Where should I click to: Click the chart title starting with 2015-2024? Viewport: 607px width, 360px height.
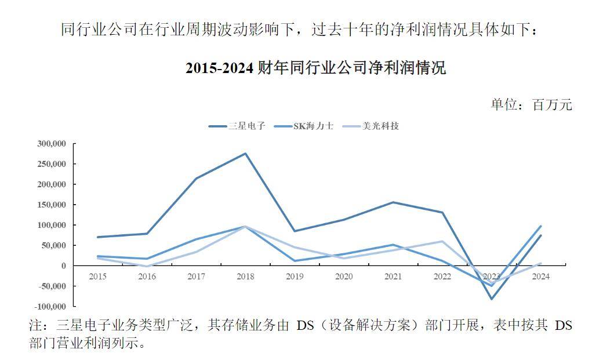[x=315, y=68]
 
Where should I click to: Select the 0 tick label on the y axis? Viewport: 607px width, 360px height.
[x=64, y=266]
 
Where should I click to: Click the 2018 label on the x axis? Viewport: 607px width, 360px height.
[x=245, y=277]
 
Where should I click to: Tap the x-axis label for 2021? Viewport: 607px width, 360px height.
[x=393, y=277]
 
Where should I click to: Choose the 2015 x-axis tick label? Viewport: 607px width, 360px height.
[x=97, y=277]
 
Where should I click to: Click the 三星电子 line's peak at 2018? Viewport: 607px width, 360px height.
[x=245, y=154]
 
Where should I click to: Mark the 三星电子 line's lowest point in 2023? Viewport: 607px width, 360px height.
[x=492, y=299]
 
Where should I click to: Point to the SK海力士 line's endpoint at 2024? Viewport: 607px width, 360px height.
[x=541, y=226]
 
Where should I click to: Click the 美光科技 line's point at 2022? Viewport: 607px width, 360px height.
[x=442, y=241]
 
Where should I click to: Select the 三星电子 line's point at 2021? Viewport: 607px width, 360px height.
[x=393, y=202]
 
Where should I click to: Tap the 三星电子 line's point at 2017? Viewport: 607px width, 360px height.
[x=196, y=179]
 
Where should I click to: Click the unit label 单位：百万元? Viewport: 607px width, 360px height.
[x=531, y=104]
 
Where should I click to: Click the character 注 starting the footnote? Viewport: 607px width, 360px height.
[x=35, y=325]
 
